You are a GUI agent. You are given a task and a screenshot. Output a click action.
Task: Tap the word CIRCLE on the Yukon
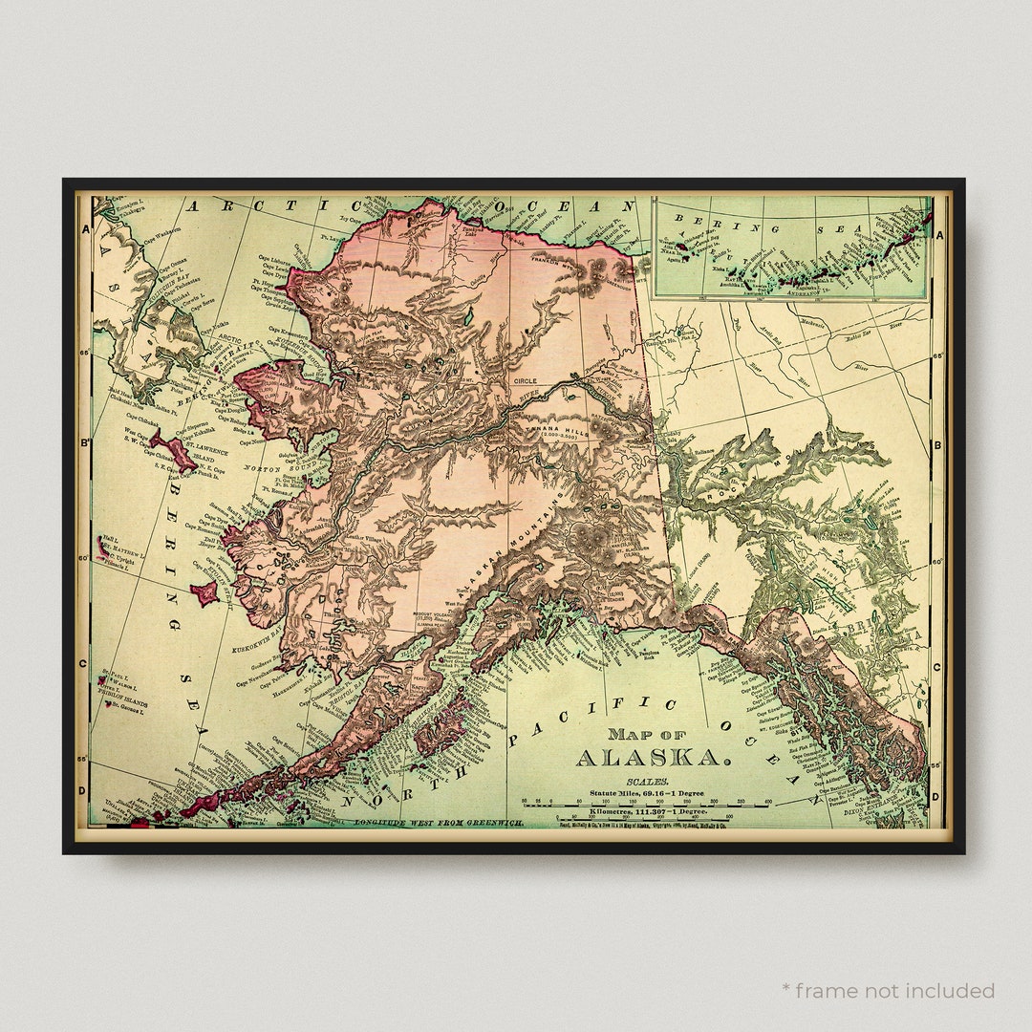point(526,380)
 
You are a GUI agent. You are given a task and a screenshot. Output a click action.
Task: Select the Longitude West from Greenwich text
point(439,822)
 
